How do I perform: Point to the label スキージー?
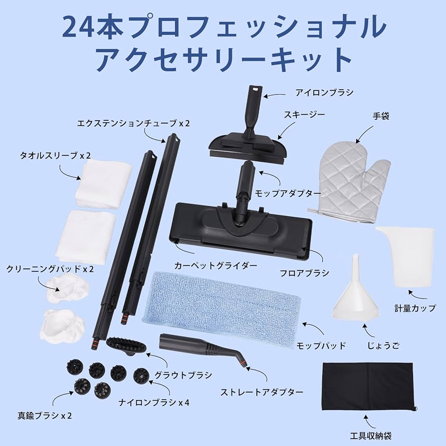(304, 115)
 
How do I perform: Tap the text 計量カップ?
(414, 308)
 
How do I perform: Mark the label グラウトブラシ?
(183, 375)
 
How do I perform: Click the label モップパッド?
(321, 345)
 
